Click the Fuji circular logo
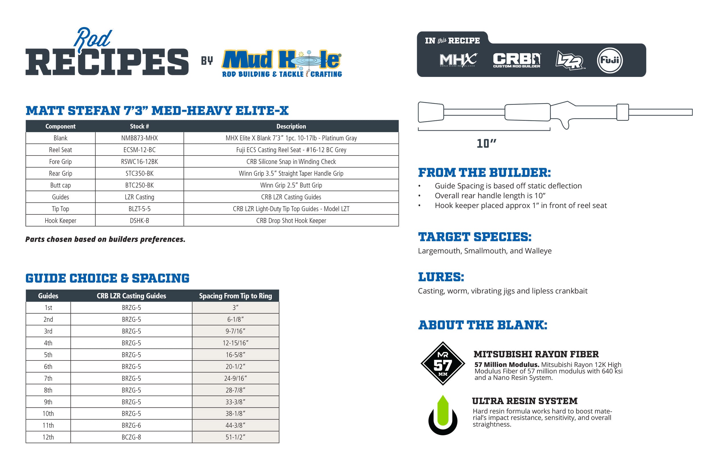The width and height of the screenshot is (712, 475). (x=609, y=60)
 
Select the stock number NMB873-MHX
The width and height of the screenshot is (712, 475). (x=139, y=138)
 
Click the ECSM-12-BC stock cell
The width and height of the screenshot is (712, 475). (x=139, y=150)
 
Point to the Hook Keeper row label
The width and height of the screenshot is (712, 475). (x=60, y=221)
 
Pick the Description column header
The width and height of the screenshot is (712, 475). (x=291, y=126)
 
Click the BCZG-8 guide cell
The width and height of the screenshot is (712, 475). (x=131, y=437)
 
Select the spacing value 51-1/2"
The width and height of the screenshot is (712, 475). (x=235, y=437)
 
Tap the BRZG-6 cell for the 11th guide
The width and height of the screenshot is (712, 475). (x=131, y=425)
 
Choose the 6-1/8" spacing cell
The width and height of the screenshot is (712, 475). (x=235, y=320)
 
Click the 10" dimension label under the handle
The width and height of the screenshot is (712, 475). (x=486, y=144)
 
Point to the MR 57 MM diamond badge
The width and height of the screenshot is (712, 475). (x=443, y=364)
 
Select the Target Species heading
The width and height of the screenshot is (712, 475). (x=474, y=237)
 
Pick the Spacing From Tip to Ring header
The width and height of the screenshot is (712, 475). (x=235, y=296)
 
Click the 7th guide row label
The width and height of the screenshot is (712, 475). (x=48, y=378)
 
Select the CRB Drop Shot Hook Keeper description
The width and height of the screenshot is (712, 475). (x=291, y=221)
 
